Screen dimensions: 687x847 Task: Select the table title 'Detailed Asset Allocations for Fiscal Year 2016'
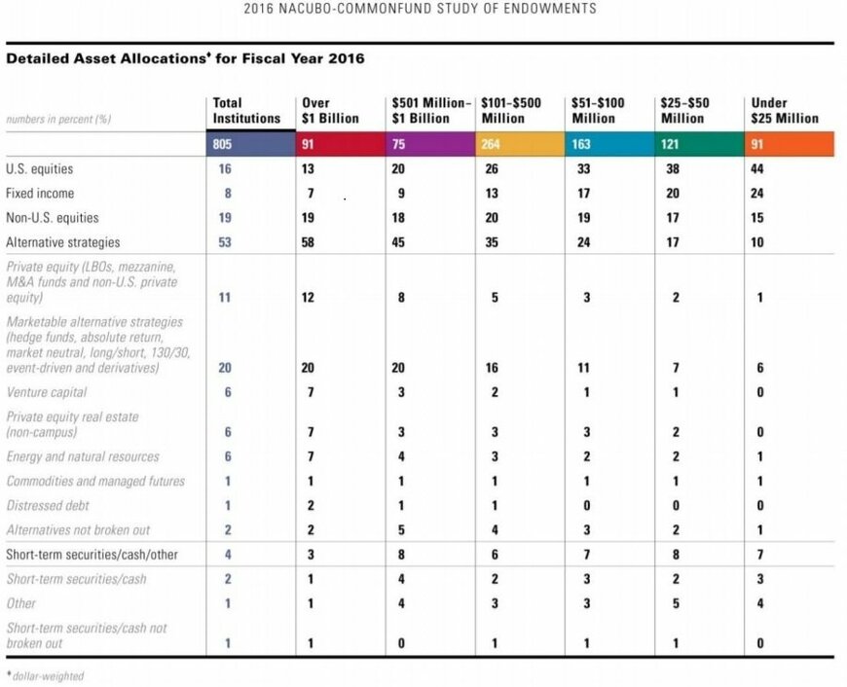point(185,58)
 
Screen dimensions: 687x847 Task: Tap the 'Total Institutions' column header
point(246,110)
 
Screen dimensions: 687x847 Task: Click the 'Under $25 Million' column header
point(784,110)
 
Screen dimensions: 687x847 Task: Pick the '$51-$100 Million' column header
point(599,110)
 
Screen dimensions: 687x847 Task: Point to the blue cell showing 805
point(224,144)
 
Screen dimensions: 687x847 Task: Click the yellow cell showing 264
point(493,144)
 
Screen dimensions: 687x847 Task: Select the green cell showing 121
point(672,144)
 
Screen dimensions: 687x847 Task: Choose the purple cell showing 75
point(399,144)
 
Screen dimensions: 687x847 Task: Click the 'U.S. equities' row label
point(39,169)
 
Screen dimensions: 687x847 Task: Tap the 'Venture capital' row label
point(47,392)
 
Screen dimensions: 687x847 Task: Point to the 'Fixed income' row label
point(39,194)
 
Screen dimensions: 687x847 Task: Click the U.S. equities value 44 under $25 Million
point(759,169)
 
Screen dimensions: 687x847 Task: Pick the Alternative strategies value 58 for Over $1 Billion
point(309,242)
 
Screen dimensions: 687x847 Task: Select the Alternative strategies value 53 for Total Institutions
point(225,242)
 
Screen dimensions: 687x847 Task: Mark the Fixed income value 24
point(759,194)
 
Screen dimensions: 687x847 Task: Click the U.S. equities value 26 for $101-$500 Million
point(492,169)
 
